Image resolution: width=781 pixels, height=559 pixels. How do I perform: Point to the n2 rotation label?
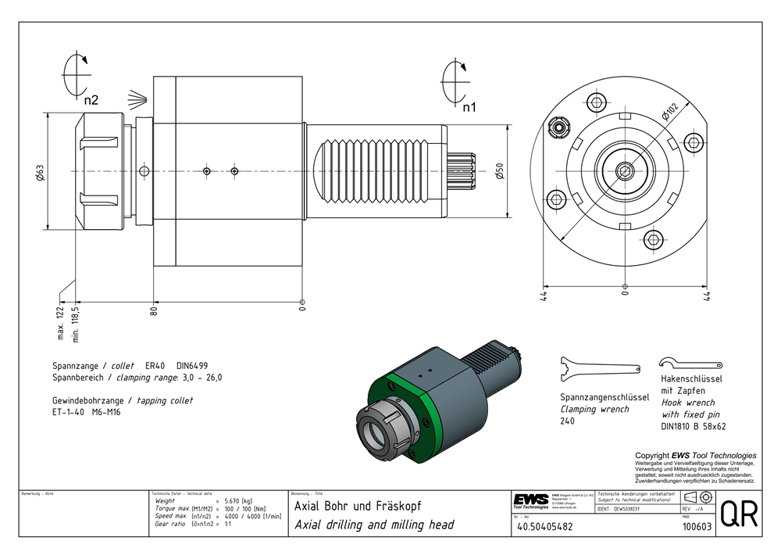tap(92, 99)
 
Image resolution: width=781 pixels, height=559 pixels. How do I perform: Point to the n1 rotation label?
tap(469, 107)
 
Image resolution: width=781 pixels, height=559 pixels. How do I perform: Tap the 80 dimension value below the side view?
tap(155, 310)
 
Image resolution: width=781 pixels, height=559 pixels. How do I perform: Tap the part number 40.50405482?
tap(544, 527)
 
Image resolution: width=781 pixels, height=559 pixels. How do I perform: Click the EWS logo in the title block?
tap(530, 500)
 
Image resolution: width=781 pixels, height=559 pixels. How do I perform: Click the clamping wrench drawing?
tap(600, 368)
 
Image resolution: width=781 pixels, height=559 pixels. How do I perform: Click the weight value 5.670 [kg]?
tap(237, 500)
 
